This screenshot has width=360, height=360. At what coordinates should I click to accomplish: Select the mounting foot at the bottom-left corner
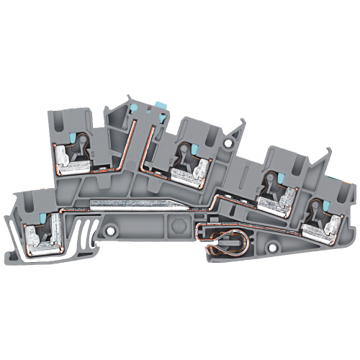[x=18, y=238]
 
